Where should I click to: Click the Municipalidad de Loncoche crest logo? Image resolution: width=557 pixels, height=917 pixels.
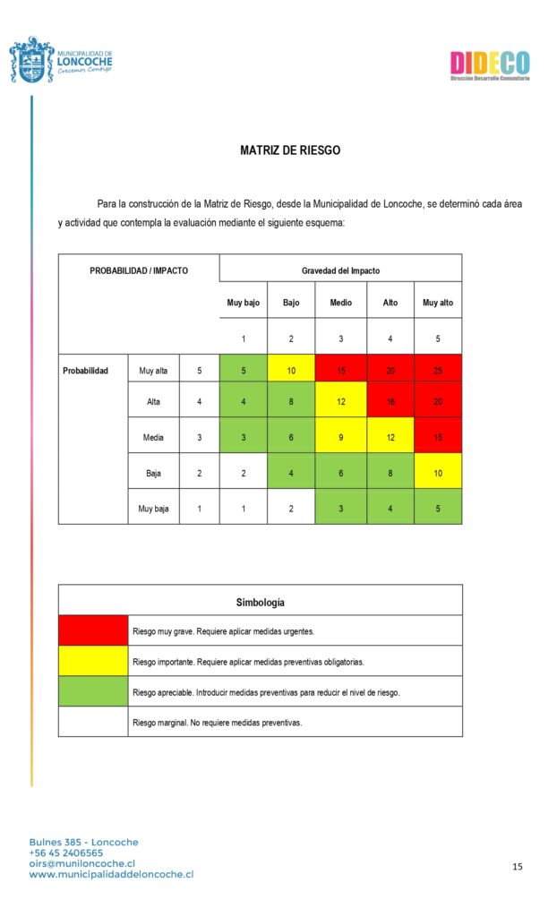coord(31,60)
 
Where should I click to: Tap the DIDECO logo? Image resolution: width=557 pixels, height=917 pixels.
coord(489,64)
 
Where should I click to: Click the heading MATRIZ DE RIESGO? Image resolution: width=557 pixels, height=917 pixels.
coord(290,150)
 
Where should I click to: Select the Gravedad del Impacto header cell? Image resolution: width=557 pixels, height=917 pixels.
coord(340,270)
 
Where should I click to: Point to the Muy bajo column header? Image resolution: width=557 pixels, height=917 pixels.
coord(243,303)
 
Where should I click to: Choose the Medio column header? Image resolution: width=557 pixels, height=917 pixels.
coord(340,303)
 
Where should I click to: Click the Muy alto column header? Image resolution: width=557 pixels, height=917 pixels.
coord(438,303)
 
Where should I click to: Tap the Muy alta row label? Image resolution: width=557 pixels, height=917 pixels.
coord(153,370)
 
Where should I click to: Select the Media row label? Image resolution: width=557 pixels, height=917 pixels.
coord(153,437)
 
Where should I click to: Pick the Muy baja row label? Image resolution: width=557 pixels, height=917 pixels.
coord(153,509)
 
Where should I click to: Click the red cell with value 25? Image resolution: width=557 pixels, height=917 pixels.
coord(438,370)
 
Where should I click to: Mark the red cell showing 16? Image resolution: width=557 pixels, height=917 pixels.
coord(390,402)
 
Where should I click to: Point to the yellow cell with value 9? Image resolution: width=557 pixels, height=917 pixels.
coord(340,437)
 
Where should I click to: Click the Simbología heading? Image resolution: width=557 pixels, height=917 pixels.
coord(261,602)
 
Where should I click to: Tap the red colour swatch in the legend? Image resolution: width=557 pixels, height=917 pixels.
coord(93,630)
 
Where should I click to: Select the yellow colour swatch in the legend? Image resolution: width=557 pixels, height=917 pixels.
coord(93,661)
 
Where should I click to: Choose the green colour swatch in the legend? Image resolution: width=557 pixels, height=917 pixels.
coord(93,691)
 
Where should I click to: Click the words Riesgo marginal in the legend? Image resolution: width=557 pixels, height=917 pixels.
coord(160,722)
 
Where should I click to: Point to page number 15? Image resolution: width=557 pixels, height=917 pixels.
coord(518,867)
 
